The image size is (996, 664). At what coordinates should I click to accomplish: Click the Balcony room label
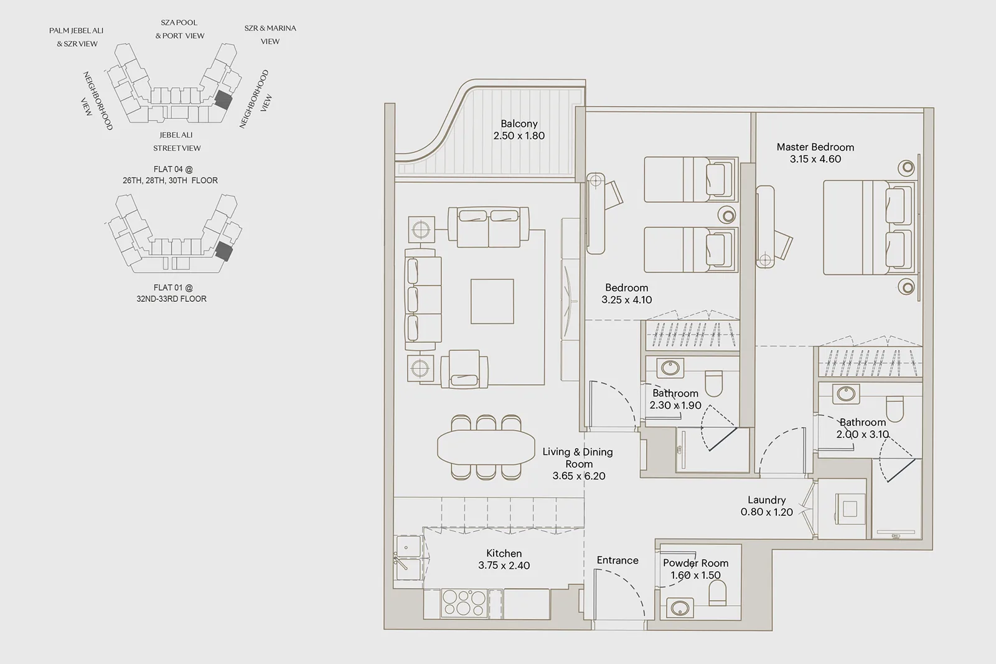click(519, 124)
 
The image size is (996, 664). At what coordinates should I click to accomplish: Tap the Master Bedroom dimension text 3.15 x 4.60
click(815, 159)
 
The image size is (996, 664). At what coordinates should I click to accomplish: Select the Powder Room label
click(695, 563)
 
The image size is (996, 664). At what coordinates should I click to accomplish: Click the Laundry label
click(766, 500)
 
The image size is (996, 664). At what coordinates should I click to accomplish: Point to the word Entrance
click(618, 561)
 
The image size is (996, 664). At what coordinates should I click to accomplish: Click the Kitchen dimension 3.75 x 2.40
click(504, 566)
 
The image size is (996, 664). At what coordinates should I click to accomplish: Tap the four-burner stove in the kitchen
click(464, 603)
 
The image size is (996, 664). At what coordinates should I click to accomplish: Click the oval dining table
click(486, 447)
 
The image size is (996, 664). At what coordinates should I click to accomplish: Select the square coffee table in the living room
click(492, 301)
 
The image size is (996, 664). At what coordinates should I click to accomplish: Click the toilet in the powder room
click(717, 592)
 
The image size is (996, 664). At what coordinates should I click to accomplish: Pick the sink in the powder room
click(680, 608)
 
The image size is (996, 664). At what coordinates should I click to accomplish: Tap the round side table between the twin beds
click(728, 216)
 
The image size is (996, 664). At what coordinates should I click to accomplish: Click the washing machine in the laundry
click(850, 508)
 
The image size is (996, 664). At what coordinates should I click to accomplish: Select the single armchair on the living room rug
click(464, 369)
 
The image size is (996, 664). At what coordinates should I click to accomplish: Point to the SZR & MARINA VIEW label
click(270, 35)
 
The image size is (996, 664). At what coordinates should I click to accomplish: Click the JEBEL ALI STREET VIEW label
click(177, 141)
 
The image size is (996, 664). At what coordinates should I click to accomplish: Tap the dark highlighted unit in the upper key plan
click(223, 100)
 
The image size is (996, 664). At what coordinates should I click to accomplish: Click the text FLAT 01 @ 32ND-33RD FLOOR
click(172, 293)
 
